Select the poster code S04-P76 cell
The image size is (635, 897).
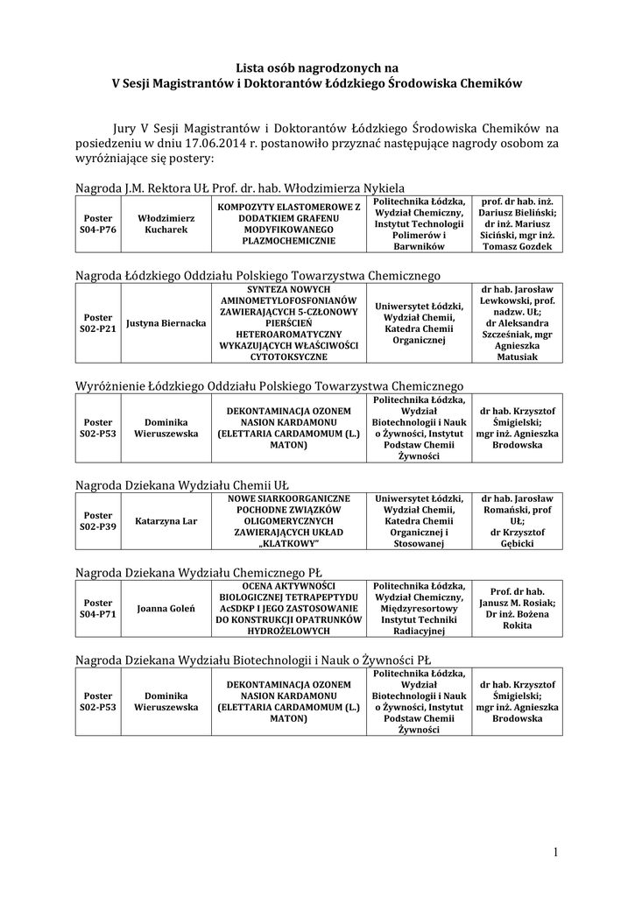point(97,223)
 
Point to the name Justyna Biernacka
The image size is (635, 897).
point(166,323)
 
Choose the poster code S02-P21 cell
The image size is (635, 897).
point(97,323)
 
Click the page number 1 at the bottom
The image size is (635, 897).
point(554,851)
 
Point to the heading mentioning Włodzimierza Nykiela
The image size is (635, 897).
point(239,187)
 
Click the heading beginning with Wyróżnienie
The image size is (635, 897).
point(269,385)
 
